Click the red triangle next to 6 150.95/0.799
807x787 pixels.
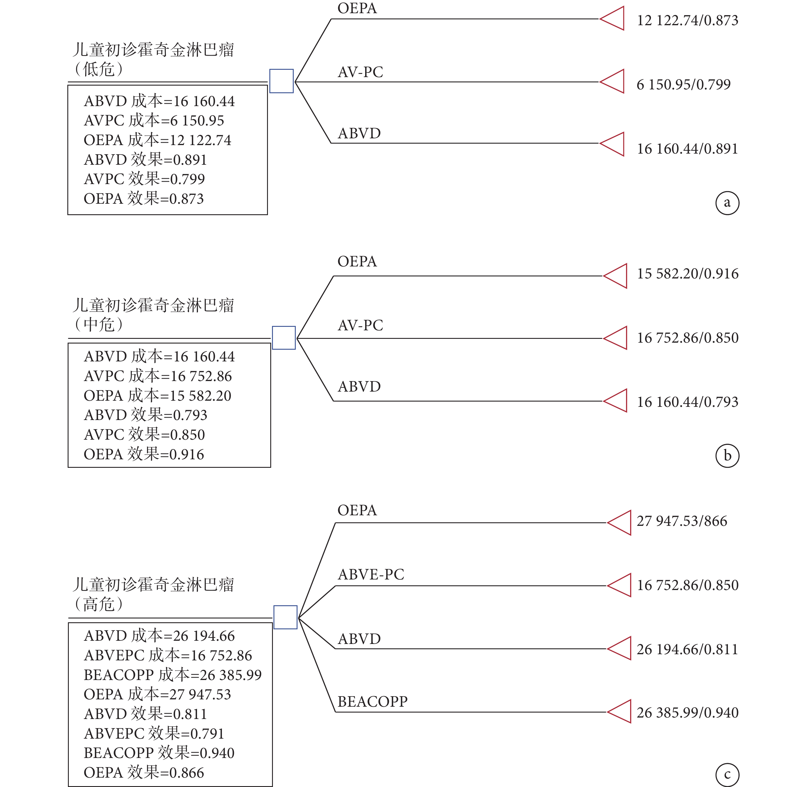[612, 81]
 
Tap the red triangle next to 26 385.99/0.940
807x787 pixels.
[619, 711]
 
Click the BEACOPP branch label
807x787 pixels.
[372, 701]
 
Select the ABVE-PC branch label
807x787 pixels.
[371, 574]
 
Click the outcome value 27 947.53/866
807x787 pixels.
[682, 521]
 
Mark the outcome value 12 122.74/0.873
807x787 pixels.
[688, 20]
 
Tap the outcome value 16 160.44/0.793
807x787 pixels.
[688, 402]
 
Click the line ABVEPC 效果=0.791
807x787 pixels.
[154, 733]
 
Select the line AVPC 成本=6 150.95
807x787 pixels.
[154, 120]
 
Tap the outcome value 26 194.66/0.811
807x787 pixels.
[687, 649]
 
